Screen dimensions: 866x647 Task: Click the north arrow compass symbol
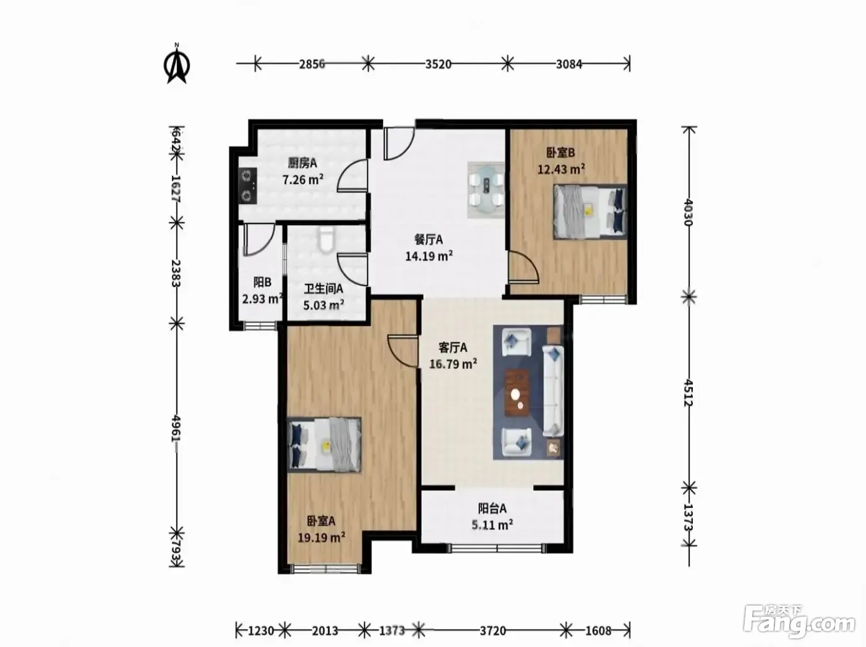pyautogui.click(x=177, y=64)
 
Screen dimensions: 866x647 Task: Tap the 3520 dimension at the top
pyautogui.click(x=438, y=64)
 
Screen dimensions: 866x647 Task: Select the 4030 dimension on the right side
pyautogui.click(x=688, y=212)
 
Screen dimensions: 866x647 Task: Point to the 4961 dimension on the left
pyautogui.click(x=176, y=428)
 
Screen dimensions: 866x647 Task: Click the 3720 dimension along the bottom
pyautogui.click(x=493, y=631)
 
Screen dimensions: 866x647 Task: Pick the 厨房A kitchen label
pyautogui.click(x=302, y=163)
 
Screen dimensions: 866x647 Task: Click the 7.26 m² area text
pyautogui.click(x=302, y=179)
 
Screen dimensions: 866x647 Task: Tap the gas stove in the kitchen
pyautogui.click(x=248, y=186)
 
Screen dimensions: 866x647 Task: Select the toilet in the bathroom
pyautogui.click(x=326, y=239)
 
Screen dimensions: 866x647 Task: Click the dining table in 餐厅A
pyautogui.click(x=486, y=189)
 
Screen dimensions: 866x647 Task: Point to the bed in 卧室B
pyautogui.click(x=590, y=212)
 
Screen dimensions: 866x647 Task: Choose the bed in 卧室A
pyautogui.click(x=324, y=444)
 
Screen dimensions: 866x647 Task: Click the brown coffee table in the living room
pyautogui.click(x=518, y=393)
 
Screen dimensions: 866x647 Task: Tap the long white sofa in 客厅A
pyautogui.click(x=553, y=390)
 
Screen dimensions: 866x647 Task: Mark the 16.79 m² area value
pyautogui.click(x=453, y=364)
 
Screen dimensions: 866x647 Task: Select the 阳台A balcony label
pyautogui.click(x=492, y=508)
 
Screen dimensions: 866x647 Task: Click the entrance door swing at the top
pyautogui.click(x=399, y=143)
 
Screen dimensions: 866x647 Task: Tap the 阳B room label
pyautogui.click(x=262, y=283)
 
